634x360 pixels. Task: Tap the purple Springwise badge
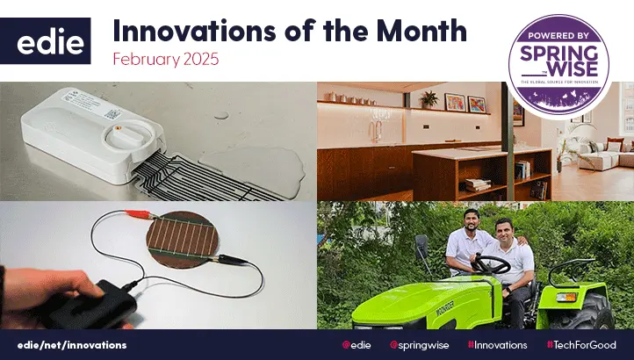[x=559, y=60]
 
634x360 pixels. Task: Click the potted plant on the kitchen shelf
[x=429, y=98]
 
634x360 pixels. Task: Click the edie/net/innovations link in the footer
[x=72, y=345]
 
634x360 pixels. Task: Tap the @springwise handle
[x=420, y=345]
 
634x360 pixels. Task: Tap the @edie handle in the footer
[x=354, y=345]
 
